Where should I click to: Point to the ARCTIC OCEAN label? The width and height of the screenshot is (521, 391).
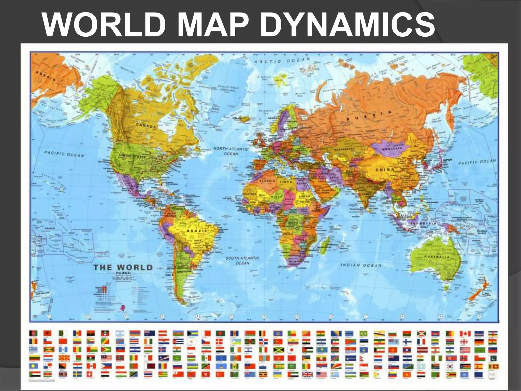coord(282,61)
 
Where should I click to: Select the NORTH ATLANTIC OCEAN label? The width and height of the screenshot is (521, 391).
coord(231,151)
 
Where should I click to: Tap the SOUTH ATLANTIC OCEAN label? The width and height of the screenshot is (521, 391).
coord(242,260)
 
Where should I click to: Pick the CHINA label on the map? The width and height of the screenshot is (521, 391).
coord(385,170)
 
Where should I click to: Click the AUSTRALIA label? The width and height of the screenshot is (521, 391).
coord(437,257)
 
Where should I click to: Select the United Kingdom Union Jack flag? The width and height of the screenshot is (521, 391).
coord(307,375)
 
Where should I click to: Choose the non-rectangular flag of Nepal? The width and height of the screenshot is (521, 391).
coord(364,358)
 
